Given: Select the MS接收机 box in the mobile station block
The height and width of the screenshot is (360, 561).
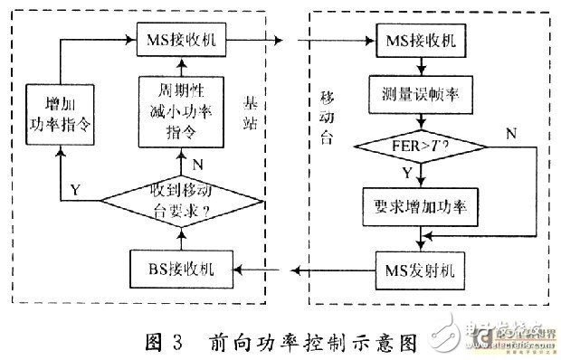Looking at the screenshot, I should [x=421, y=41].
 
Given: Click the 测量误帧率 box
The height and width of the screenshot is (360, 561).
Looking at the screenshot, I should [x=421, y=93].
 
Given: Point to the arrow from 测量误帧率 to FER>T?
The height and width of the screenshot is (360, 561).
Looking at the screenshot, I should [x=421, y=118].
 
